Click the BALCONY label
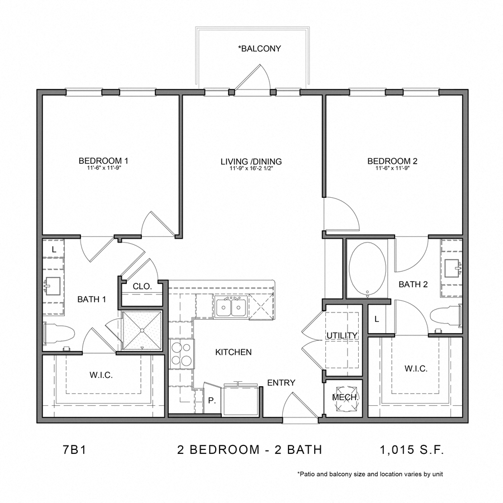point(259,49)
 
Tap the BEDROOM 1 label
point(100,162)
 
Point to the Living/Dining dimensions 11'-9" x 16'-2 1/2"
point(251,168)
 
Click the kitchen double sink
point(230,307)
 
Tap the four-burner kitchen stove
point(182,353)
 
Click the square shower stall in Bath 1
point(142,330)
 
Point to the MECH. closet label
point(344,397)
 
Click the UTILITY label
point(341,335)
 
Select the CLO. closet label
point(142,286)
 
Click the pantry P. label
point(211,401)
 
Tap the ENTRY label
point(281,383)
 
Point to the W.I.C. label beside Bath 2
point(415,369)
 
